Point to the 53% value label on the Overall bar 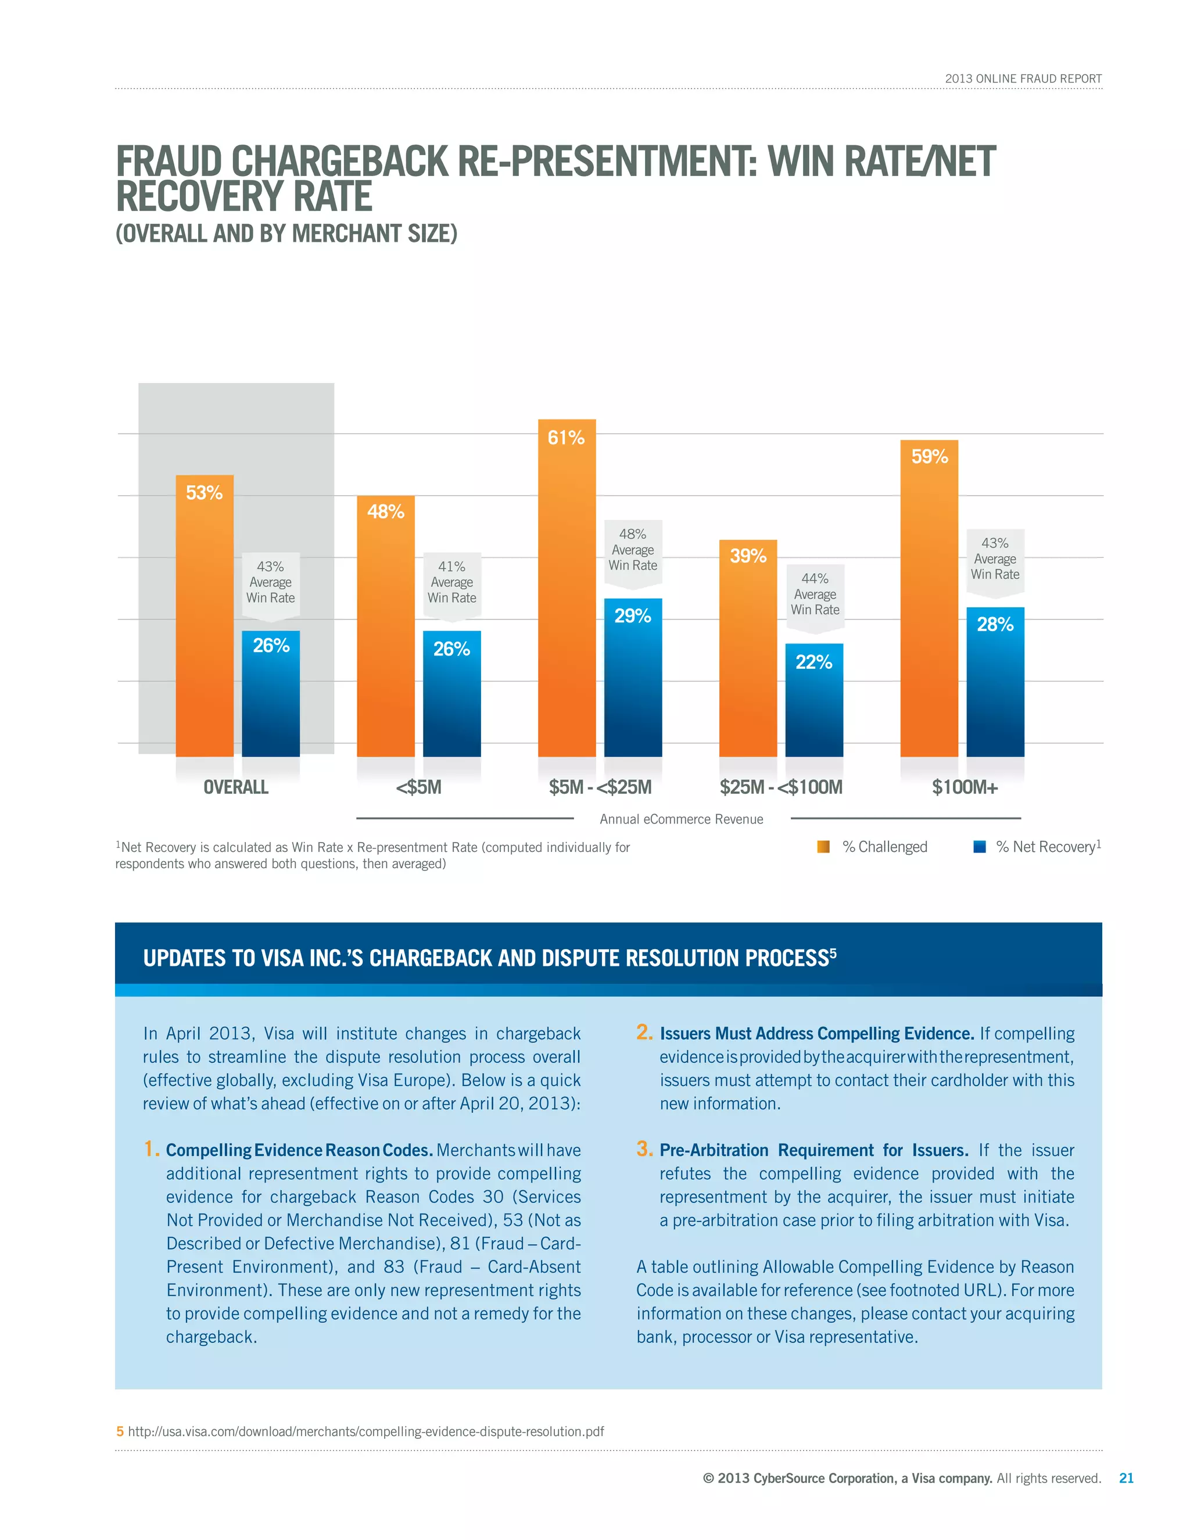point(204,493)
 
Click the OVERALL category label point(235,787)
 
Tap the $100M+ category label point(965,787)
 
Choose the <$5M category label point(419,787)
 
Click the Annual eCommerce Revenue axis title point(681,819)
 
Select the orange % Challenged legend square point(823,847)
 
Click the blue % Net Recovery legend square point(979,847)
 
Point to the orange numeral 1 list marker point(150,1149)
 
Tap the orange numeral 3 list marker point(644,1149)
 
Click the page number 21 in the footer point(1126,1478)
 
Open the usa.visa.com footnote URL point(365,1431)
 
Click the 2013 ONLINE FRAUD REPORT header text point(1023,79)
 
